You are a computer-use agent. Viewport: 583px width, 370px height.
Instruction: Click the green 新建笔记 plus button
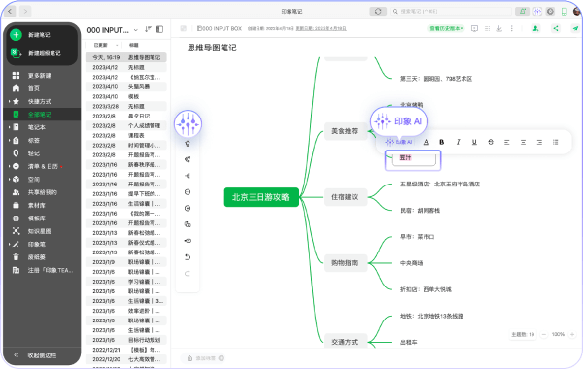(x=17, y=34)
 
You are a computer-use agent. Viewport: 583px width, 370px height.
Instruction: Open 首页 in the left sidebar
(x=34, y=87)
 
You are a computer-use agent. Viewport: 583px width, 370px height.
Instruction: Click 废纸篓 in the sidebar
(x=36, y=257)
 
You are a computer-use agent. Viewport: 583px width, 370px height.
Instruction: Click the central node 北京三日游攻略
(x=259, y=197)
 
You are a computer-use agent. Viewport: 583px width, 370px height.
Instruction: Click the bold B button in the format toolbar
(x=441, y=142)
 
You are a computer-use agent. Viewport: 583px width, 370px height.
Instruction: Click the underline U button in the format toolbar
(x=473, y=142)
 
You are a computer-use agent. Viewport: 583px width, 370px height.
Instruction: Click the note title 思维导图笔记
(x=211, y=47)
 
